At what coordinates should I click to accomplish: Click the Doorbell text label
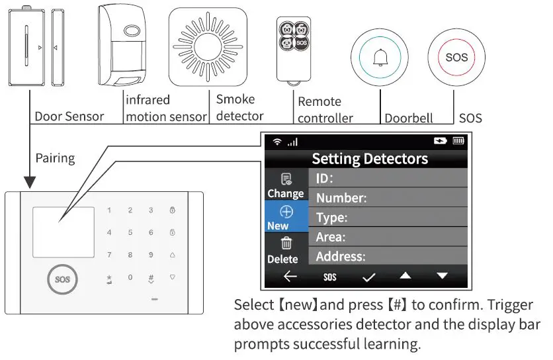[x=409, y=118]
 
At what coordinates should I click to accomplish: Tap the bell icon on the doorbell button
[x=380, y=58]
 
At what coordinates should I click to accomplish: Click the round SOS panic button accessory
[x=456, y=58]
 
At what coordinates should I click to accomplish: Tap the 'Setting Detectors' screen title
[x=370, y=159]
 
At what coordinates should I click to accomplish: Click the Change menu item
[x=286, y=186]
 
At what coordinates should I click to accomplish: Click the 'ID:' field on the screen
[x=388, y=178]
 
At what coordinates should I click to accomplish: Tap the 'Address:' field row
[x=388, y=256]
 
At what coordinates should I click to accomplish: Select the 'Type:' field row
[x=388, y=217]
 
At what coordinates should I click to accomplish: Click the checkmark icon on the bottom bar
[x=368, y=277]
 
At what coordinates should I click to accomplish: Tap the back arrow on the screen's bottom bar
[x=290, y=277]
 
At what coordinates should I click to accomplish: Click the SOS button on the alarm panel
[x=63, y=279]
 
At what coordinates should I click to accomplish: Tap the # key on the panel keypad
[x=151, y=278]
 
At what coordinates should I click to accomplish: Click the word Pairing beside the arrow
[x=55, y=158]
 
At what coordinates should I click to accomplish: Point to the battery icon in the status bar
[x=458, y=141]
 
